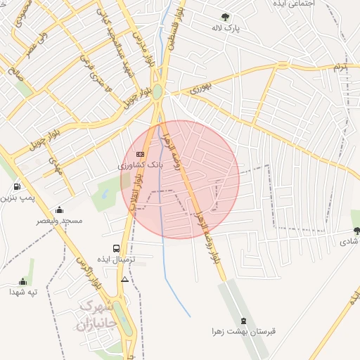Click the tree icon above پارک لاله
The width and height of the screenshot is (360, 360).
[225, 16]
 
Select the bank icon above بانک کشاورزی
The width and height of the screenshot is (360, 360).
[139, 154]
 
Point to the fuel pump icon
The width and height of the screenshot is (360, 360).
[15, 187]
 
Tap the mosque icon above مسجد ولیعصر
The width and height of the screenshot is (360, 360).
[59, 210]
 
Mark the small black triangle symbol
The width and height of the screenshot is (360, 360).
[124, 279]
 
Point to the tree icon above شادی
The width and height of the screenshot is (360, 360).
[355, 230]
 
